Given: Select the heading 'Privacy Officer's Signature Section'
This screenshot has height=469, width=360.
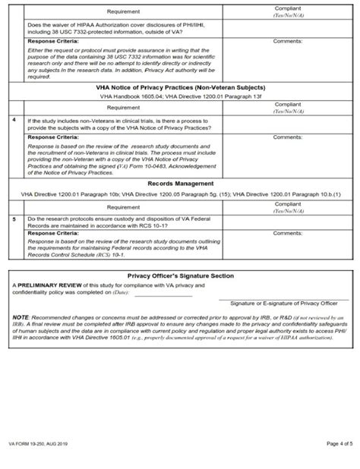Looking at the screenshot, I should tap(180, 275).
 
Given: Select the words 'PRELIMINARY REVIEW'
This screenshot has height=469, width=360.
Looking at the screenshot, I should tap(45, 285).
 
